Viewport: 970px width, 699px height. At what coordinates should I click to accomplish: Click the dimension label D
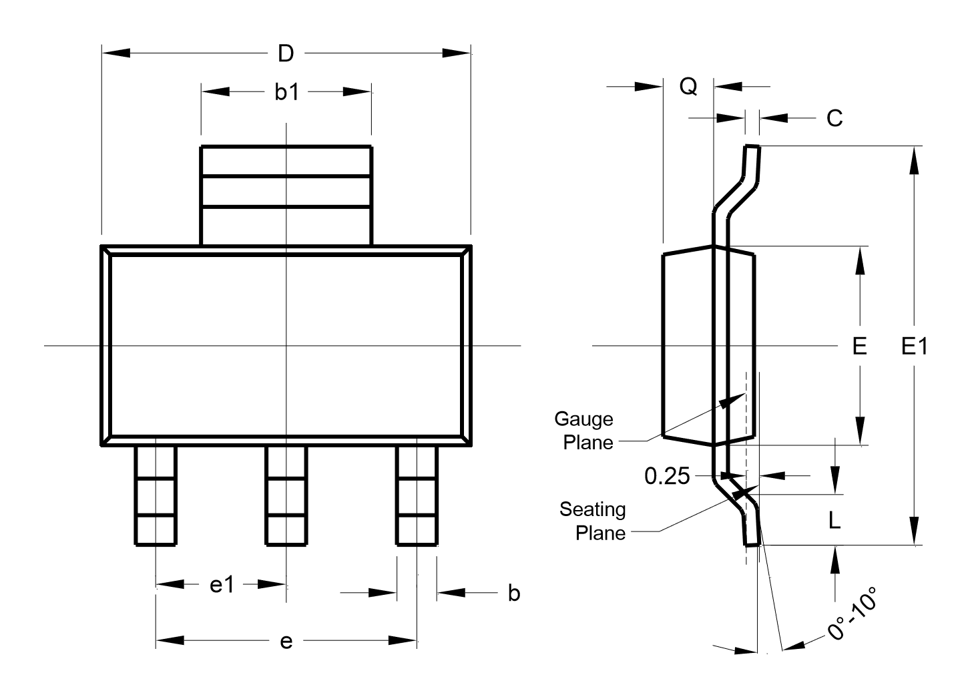coord(286,53)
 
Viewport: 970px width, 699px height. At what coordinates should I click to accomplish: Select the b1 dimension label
coord(286,92)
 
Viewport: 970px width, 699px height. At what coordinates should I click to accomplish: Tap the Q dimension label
coord(688,87)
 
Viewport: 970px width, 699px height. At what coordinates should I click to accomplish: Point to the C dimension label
coord(834,118)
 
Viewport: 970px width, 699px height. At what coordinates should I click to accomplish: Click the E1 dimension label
coord(915,346)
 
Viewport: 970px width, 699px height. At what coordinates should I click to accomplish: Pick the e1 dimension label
coord(222,585)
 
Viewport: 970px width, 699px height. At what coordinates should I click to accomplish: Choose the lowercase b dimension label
coord(514,593)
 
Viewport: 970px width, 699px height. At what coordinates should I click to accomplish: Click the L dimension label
coord(834,520)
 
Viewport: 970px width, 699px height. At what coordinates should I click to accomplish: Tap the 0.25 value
coord(667,476)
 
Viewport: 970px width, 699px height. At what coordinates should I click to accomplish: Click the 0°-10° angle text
coord(853,614)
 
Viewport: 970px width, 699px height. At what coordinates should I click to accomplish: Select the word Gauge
coord(583,419)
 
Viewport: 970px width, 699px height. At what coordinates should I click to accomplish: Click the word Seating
coord(592,510)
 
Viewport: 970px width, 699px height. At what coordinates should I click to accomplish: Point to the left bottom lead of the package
coord(156,495)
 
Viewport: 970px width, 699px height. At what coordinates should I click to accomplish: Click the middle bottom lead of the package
coord(286,495)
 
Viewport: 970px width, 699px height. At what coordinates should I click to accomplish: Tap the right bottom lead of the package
coord(417,495)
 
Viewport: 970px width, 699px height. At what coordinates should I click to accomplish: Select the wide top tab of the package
coord(286,196)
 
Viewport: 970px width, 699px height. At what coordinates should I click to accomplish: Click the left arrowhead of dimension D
coord(116,53)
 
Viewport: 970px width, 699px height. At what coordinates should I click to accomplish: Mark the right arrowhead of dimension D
coord(457,53)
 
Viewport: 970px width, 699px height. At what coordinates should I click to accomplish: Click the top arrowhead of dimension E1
coord(914,160)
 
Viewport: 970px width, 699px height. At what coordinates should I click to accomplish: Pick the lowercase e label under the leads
coord(286,642)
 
